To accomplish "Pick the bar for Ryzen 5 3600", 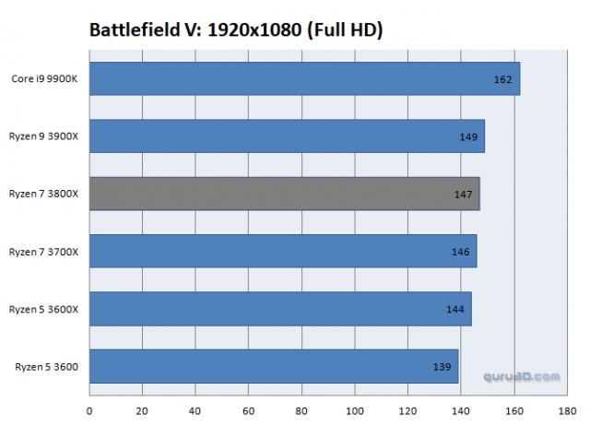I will [274, 367].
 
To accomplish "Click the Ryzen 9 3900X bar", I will [287, 136].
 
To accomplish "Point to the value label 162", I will [502, 79].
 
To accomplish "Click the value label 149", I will [467, 136].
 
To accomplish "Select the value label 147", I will [463, 195].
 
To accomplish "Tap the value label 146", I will [460, 252].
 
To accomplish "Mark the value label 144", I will [454, 310].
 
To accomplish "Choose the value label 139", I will [442, 367].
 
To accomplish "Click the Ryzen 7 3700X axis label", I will [43, 252].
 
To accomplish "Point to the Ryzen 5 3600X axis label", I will [43, 310].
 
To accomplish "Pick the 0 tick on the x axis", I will [89, 411].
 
